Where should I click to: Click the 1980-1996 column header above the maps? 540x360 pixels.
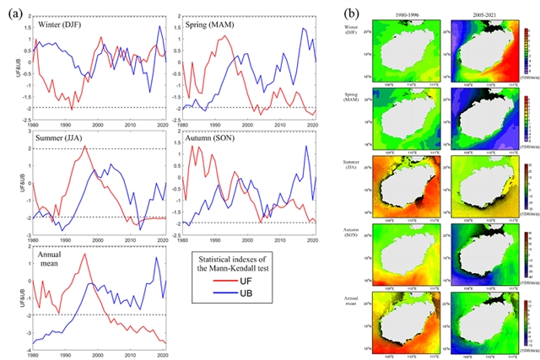pyautogui.click(x=407, y=19)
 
